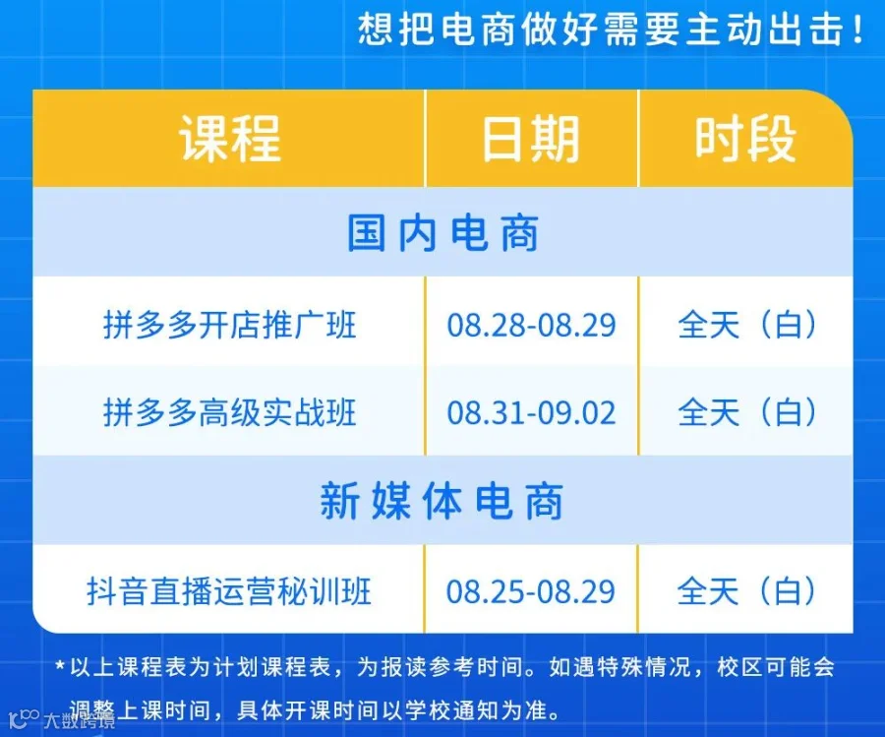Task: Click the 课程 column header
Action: point(230,139)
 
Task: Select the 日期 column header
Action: point(531,139)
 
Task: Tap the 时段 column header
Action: point(745,139)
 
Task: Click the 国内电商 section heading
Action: point(443,232)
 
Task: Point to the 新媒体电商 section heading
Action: point(442,501)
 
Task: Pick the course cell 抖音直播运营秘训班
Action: point(229,590)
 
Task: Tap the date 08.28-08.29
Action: point(531,325)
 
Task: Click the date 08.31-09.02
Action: point(531,412)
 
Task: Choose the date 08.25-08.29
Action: point(531,591)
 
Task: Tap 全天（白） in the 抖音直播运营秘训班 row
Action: point(746,590)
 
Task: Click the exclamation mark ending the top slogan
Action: point(857,30)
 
